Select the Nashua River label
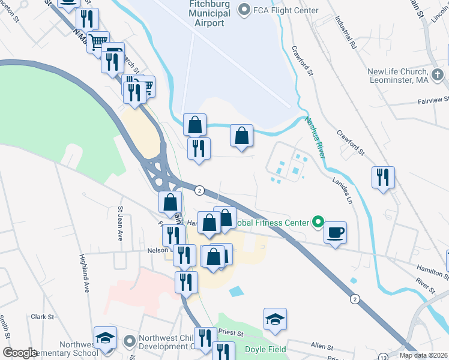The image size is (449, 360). click(316, 136)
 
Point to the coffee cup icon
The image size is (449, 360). click(335, 232)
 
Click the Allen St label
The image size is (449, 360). click(322, 346)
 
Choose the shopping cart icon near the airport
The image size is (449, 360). click(98, 42)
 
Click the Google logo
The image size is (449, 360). click(20, 353)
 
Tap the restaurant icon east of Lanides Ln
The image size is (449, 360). click(383, 177)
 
